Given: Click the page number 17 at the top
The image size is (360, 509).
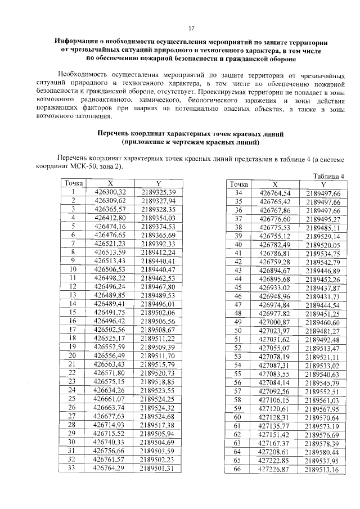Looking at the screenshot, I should [x=191, y=29].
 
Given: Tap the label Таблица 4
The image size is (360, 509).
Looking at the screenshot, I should [x=328, y=176].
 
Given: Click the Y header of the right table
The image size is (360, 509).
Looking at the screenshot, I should [x=323, y=185].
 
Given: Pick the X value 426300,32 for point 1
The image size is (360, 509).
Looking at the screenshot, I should [x=110, y=192].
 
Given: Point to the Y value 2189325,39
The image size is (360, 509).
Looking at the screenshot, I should [x=159, y=192].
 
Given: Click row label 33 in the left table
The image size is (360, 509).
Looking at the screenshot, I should [x=73, y=467].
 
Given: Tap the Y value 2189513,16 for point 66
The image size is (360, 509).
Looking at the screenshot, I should [x=323, y=469].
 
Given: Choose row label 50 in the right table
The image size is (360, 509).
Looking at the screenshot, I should [x=237, y=331].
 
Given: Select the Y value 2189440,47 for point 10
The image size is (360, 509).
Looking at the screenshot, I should [x=159, y=270].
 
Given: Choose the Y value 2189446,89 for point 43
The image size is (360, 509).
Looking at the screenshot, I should [x=323, y=271].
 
